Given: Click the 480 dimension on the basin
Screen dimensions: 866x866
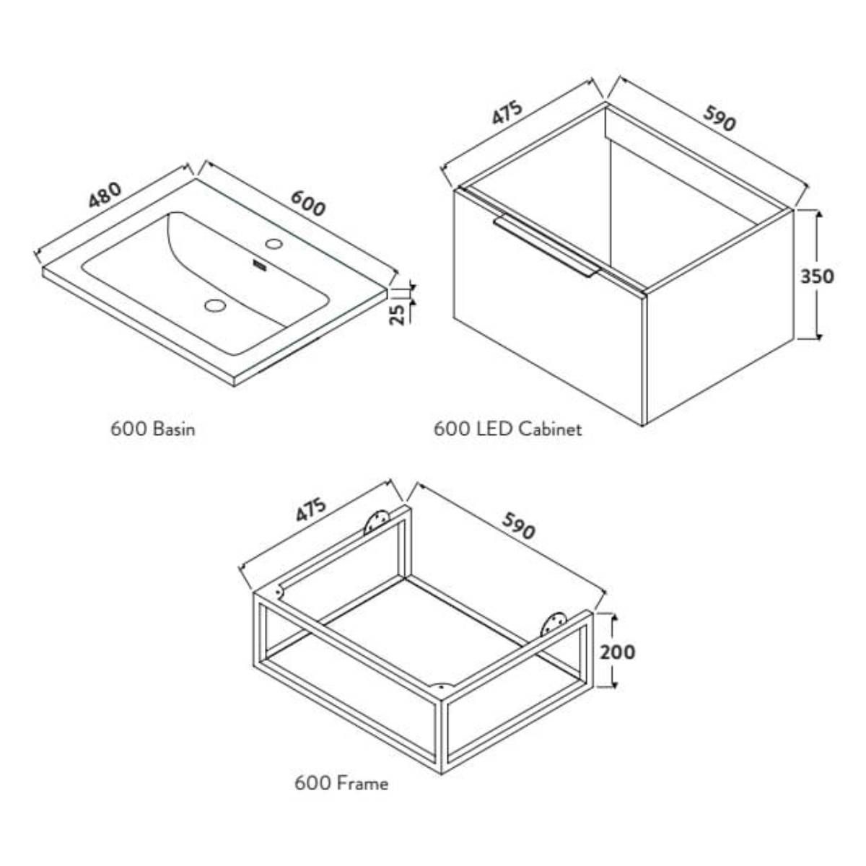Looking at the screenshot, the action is click(105, 195).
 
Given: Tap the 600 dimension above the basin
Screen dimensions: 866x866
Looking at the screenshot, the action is click(308, 203).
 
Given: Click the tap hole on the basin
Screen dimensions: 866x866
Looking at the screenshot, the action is click(274, 244).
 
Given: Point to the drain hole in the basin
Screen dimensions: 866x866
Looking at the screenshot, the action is click(215, 305).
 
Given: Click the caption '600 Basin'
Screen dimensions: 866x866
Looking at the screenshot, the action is click(153, 429).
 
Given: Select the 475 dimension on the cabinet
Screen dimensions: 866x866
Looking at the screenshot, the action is click(507, 113).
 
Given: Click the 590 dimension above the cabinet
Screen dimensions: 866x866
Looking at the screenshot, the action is click(719, 118).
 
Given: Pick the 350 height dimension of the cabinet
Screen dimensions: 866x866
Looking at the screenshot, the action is click(817, 276).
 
